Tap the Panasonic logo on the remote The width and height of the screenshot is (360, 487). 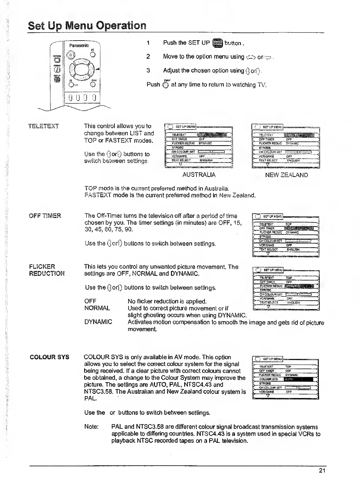pyautogui.click(x=79, y=45)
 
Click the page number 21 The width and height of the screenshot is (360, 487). pyautogui.click(x=322, y=471)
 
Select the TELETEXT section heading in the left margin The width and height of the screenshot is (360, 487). pyautogui.click(x=44, y=126)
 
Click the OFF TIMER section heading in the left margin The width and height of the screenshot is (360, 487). pyautogui.click(x=45, y=216)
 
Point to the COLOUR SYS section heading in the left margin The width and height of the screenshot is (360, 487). pyautogui.click(x=50, y=357)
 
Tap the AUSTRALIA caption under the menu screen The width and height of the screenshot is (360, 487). pyautogui.click(x=199, y=175)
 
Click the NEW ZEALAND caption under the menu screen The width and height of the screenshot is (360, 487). pyautogui.click(x=286, y=175)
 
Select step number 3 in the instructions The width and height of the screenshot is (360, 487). pyautogui.click(x=148, y=70)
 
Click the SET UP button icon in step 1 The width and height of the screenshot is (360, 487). pyautogui.click(x=217, y=43)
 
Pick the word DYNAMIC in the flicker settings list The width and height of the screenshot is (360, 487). pyautogui.click(x=98, y=322)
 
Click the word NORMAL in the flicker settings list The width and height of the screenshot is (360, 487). pyautogui.click(x=97, y=308)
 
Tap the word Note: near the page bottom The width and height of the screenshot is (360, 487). pyautogui.click(x=91, y=427)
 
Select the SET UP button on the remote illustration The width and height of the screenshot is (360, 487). pyautogui.click(x=57, y=79)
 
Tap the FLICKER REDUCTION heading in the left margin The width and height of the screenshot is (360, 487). pyautogui.click(x=47, y=270)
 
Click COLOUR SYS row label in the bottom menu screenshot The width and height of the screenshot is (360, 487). pyautogui.click(x=269, y=379)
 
